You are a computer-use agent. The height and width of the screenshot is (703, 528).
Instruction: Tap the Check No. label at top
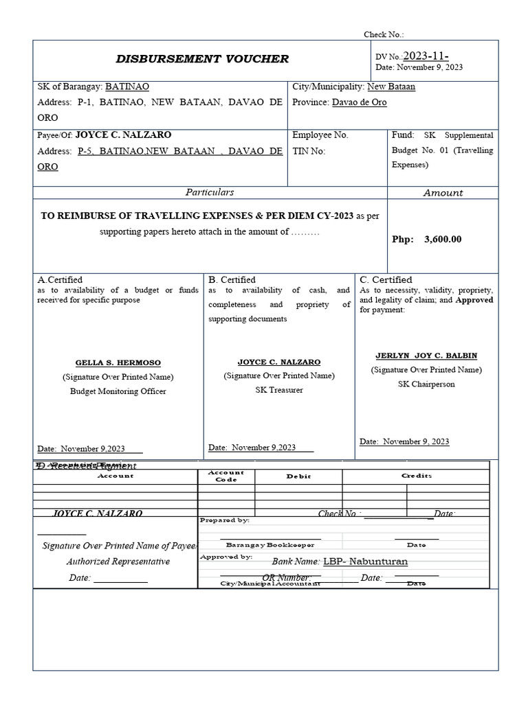pos(384,34)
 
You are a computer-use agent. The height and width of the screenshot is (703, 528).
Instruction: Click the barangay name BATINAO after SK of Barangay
pos(126,87)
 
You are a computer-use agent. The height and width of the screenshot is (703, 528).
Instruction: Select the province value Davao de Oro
pos(359,102)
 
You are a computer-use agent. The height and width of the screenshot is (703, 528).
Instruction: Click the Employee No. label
pos(320,135)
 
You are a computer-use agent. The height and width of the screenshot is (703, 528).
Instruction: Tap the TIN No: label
pos(309,151)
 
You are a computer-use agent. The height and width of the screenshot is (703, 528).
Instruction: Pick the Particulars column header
pos(210,192)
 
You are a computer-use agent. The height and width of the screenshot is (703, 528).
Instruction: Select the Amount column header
pos(443,193)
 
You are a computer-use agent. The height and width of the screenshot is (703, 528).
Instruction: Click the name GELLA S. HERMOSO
pos(118,362)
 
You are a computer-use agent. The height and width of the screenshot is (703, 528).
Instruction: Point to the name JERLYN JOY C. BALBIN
pos(426,356)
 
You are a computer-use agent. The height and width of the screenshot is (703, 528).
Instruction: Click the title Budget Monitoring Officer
pos(118,391)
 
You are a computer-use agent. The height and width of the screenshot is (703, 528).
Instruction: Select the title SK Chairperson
pos(426,384)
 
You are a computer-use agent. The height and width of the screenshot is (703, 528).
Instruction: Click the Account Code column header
pos(226,476)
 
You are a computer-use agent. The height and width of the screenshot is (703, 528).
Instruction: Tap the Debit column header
pos(298,476)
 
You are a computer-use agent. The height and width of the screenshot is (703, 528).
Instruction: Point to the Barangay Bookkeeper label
pos(270,544)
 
